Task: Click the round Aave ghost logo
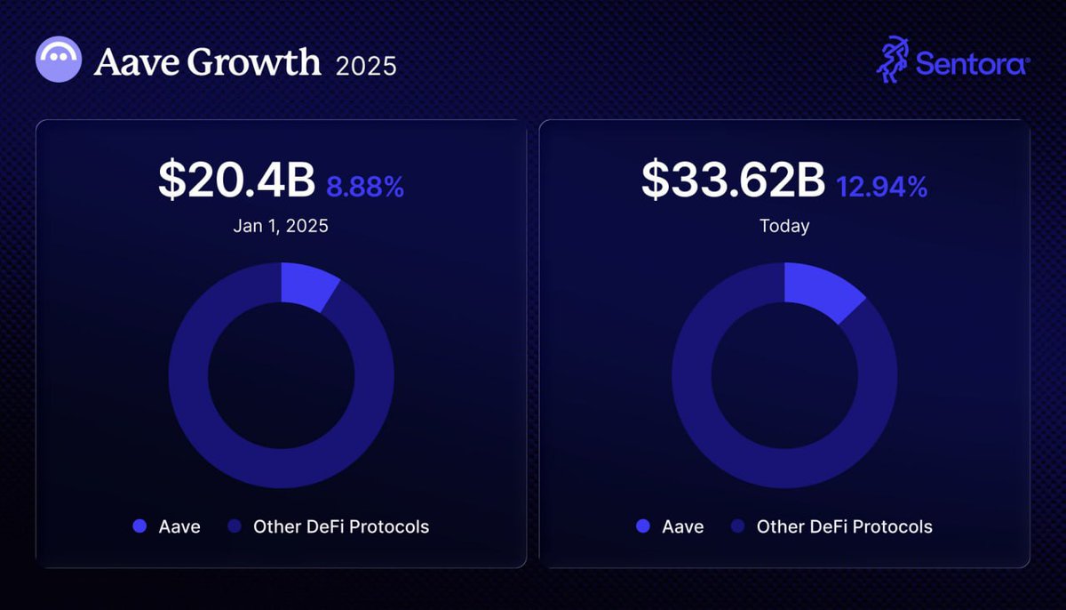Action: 59,60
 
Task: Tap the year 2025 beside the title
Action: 366,66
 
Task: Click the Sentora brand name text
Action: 972,64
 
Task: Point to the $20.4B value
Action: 236,181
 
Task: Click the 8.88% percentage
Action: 365,187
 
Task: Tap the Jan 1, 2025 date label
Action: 281,226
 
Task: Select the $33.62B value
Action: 733,181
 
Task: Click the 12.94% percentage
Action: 881,187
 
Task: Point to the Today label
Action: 784,226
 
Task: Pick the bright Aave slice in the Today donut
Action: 819,290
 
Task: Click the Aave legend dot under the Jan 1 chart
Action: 139,526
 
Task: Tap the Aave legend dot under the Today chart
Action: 642,526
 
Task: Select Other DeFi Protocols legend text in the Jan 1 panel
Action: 341,526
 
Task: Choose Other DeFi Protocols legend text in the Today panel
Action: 844,526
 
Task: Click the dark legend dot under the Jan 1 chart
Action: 235,526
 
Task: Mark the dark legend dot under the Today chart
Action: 737,526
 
